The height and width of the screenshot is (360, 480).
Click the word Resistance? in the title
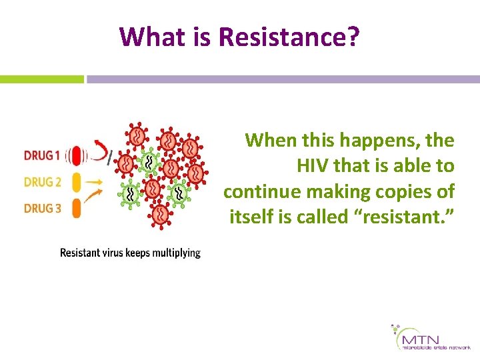(289, 37)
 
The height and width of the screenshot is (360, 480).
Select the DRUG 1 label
(42, 156)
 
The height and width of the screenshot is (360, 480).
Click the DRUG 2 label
(42, 181)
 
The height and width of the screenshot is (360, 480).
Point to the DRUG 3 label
(42, 208)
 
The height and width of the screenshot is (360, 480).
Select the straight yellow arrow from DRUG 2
(95, 181)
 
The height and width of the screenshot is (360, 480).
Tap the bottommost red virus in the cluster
(161, 214)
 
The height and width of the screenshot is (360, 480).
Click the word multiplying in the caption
(175, 253)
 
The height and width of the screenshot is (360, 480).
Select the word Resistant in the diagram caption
(80, 253)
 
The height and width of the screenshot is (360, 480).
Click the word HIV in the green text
(312, 166)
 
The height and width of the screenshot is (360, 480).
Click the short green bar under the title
(41, 79)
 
